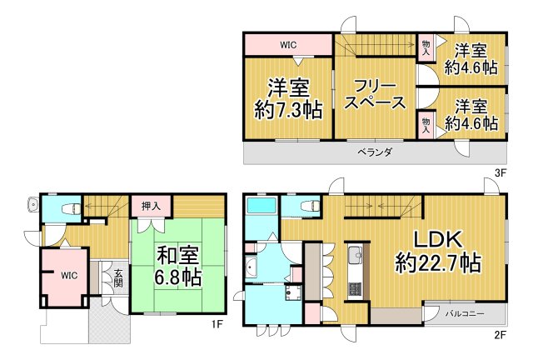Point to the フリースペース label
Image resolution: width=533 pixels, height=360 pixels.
[376, 94]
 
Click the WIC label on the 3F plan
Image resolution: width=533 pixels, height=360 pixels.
[288, 45]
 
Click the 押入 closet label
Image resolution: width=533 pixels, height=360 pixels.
[152, 205]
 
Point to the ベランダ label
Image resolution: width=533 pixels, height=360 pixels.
[375, 152]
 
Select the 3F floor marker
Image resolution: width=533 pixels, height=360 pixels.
[501, 172]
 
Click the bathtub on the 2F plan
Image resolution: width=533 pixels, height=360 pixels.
[262, 208]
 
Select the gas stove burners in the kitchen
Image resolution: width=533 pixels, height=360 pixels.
[352, 289]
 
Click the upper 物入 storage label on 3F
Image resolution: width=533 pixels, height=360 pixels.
[426, 47]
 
